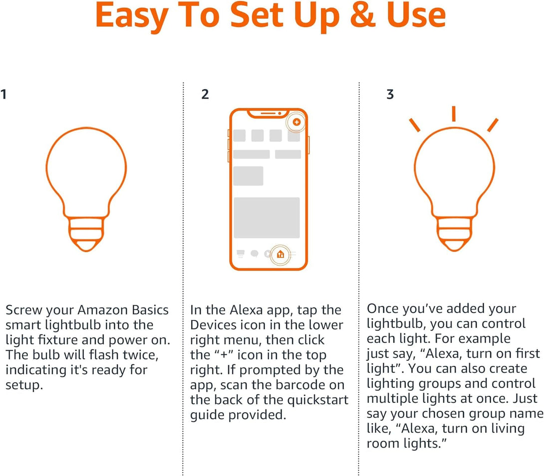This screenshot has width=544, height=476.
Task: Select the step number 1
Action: (x=4, y=94)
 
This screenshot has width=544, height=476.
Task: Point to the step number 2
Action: (x=205, y=94)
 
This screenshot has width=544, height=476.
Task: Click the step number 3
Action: (x=390, y=94)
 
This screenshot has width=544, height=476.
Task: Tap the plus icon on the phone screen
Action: (x=296, y=122)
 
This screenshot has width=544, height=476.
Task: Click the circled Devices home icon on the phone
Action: (x=280, y=254)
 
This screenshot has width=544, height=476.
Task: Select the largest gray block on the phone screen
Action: (x=267, y=218)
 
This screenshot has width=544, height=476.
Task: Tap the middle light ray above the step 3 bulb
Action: (x=454, y=114)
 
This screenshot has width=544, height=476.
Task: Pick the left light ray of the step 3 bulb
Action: (x=415, y=125)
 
